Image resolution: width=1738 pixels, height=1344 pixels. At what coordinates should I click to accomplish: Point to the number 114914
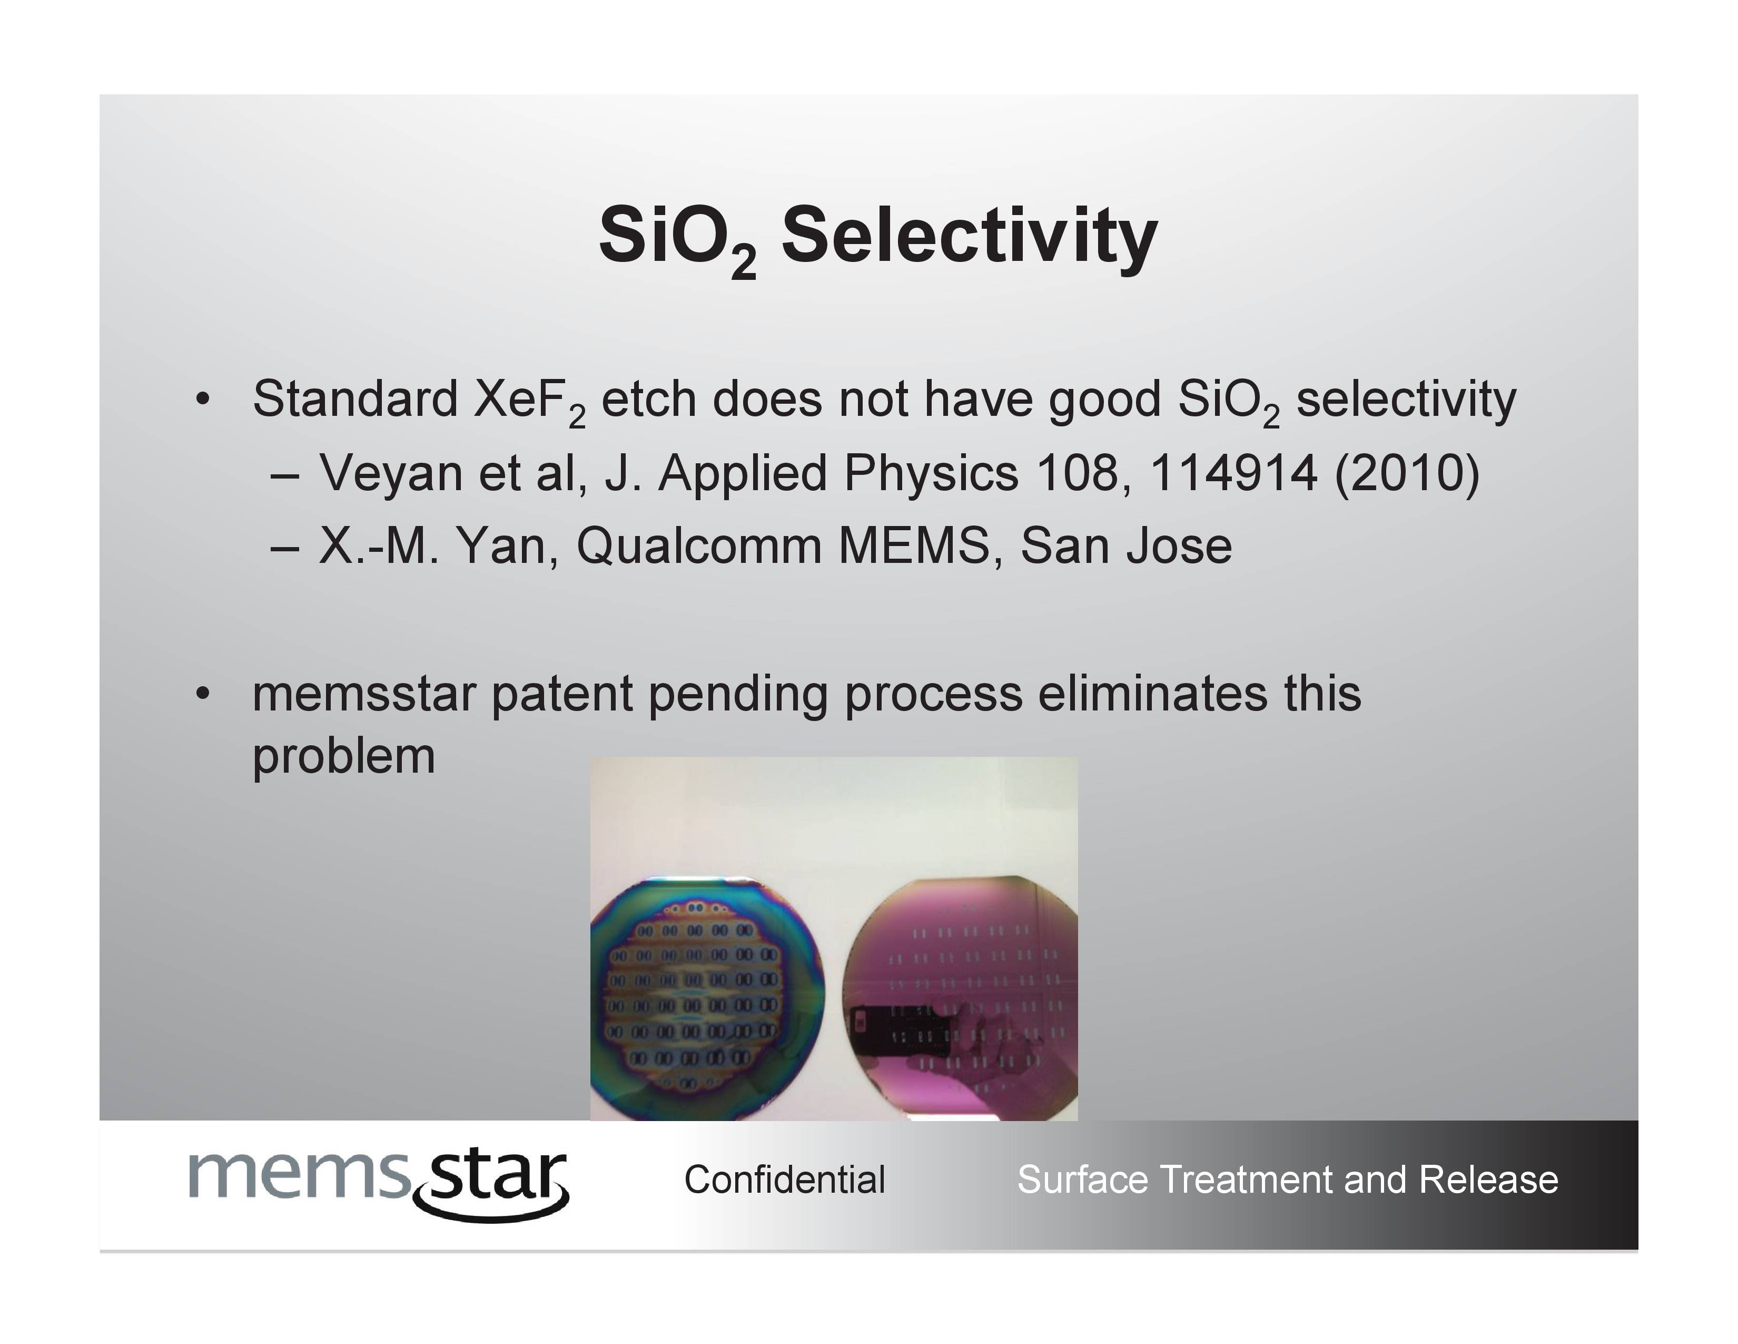[1233, 473]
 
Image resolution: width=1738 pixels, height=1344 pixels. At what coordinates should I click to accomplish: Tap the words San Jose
[1126, 546]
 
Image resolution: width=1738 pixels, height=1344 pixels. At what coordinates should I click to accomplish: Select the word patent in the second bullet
[561, 694]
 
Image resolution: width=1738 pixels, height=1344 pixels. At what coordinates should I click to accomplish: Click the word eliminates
[1152, 693]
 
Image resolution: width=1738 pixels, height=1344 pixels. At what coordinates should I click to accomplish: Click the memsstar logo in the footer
[379, 1182]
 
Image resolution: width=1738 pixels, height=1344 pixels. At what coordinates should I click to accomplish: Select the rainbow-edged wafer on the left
[707, 998]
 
